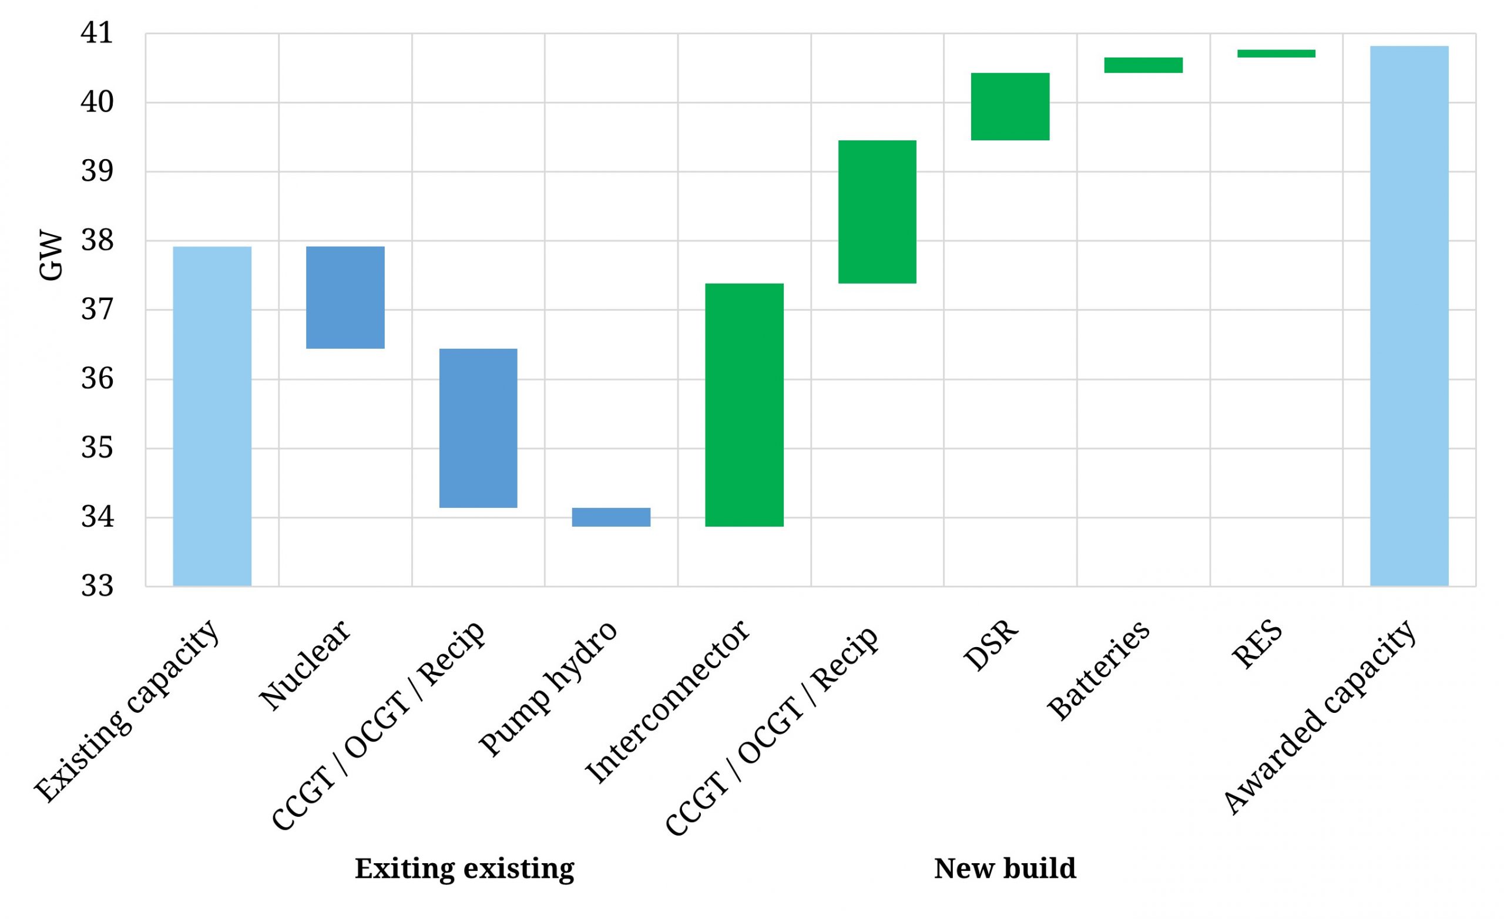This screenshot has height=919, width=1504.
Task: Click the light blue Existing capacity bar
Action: point(212,416)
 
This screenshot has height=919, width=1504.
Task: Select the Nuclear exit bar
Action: point(345,297)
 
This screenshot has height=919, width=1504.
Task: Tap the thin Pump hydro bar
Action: point(610,517)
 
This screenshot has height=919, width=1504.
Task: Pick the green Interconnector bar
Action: point(743,405)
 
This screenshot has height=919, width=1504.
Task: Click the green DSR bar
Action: point(1009,106)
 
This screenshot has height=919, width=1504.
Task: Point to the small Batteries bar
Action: point(1143,65)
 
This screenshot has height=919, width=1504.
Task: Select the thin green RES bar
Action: point(1275,53)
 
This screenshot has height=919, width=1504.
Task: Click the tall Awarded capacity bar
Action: point(1409,315)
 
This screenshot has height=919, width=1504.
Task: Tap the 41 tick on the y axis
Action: point(97,33)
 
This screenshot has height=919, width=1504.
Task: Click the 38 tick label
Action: point(97,240)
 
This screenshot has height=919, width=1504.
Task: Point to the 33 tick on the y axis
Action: point(97,586)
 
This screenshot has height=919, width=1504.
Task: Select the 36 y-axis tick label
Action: point(97,379)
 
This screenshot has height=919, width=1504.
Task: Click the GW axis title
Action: point(50,255)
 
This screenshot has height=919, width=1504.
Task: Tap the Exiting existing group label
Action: point(465,868)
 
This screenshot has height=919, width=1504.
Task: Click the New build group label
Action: point(1005,868)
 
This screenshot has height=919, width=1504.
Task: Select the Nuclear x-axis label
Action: point(305,665)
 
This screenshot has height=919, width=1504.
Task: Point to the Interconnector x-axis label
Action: point(667,702)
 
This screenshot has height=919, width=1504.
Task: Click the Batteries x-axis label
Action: point(1099,671)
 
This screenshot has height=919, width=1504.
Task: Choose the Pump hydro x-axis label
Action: point(548,689)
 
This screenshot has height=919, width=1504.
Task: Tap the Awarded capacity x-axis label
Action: point(1318,717)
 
